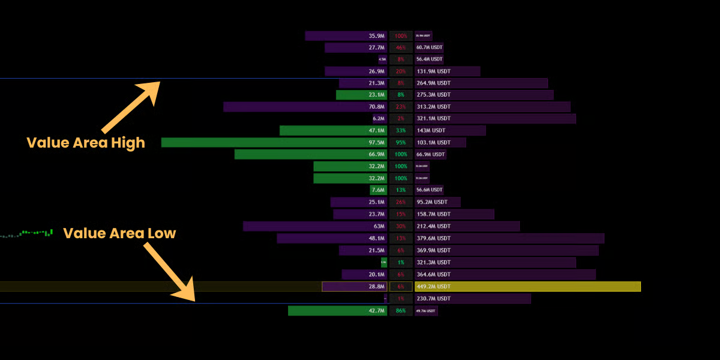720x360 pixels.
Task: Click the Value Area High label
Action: click(x=86, y=143)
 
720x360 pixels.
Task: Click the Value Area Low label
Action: click(x=120, y=233)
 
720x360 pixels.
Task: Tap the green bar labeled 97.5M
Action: click(x=274, y=142)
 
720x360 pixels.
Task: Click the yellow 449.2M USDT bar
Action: click(x=527, y=286)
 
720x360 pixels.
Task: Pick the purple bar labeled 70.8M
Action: click(x=305, y=107)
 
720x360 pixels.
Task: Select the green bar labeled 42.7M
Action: click(x=337, y=310)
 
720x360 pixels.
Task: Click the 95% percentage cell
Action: click(x=401, y=142)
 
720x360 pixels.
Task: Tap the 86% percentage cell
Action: click(x=401, y=310)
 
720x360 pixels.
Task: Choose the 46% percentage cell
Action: click(x=401, y=47)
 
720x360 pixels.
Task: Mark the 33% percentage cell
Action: click(x=401, y=130)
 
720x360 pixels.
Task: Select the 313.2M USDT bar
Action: click(x=492, y=107)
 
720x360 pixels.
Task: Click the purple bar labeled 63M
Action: click(x=315, y=226)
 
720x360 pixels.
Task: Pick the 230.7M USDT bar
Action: click(x=472, y=298)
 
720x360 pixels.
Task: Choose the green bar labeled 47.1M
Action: click(x=333, y=130)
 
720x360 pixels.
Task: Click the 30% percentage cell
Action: click(x=401, y=226)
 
